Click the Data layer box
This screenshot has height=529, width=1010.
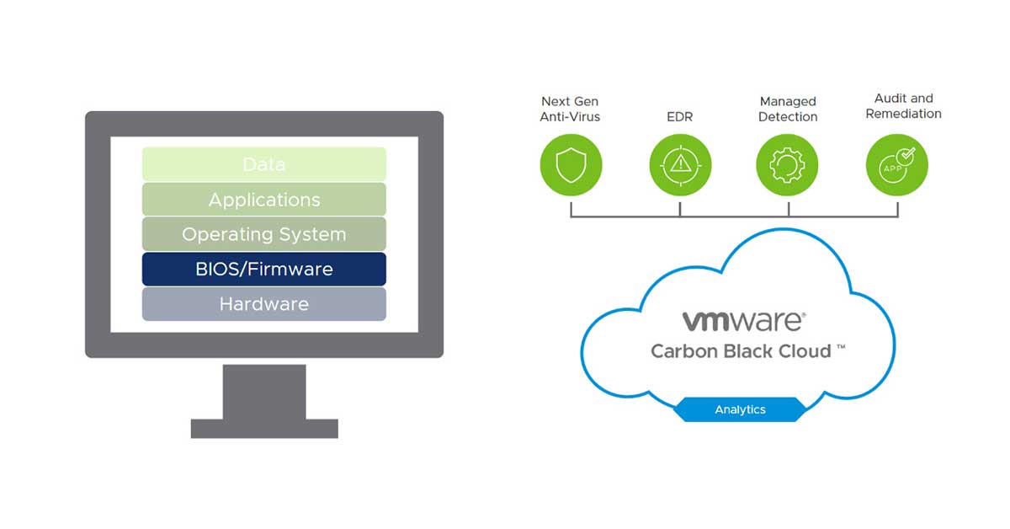[263, 164]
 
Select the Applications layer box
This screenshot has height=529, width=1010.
[263, 200]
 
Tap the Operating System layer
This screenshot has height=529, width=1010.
[263, 234]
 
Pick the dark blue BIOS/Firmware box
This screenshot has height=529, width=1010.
[263, 270]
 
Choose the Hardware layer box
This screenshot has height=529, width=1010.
[263, 304]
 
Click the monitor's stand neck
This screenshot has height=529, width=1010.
[263, 391]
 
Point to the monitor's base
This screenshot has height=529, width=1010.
[263, 428]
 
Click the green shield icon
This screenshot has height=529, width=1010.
[571, 164]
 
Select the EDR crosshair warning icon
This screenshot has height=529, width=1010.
[680, 164]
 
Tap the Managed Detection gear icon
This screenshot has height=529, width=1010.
[788, 164]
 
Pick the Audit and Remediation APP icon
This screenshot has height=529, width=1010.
[897, 164]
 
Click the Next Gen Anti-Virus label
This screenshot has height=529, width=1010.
[570, 109]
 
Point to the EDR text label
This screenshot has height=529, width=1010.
[679, 117]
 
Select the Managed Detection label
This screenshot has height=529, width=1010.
[788, 109]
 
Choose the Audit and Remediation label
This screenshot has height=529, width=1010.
[903, 106]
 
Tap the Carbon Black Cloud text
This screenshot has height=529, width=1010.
[741, 350]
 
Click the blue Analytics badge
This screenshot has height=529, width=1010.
[740, 409]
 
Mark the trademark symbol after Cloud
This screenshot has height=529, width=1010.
[841, 346]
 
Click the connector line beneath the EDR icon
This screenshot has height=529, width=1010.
[680, 206]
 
